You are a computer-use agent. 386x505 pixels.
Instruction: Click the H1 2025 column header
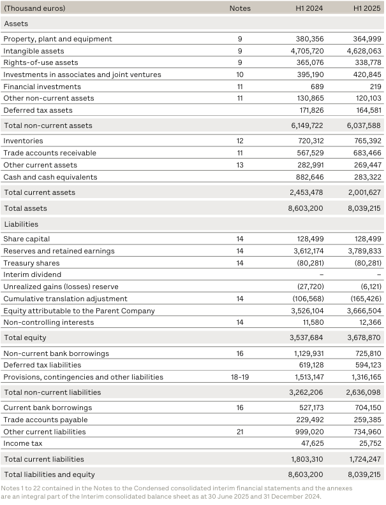[367, 8]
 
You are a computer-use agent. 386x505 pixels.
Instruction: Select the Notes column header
[240, 8]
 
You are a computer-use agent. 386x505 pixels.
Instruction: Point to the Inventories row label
[24, 141]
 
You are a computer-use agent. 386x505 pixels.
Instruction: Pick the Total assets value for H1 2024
[305, 208]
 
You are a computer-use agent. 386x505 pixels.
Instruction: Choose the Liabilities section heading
[21, 224]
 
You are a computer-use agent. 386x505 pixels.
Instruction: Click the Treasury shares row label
[32, 263]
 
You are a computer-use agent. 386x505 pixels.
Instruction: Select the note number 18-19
[240, 377]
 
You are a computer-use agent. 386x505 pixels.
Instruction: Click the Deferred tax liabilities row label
[42, 365]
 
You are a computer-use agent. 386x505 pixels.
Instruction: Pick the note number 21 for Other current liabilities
[240, 431]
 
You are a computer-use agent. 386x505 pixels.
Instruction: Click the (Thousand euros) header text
[34, 8]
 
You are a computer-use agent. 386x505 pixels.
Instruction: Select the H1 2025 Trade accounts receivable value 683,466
[366, 153]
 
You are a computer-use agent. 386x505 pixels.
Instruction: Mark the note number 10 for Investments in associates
[240, 75]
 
